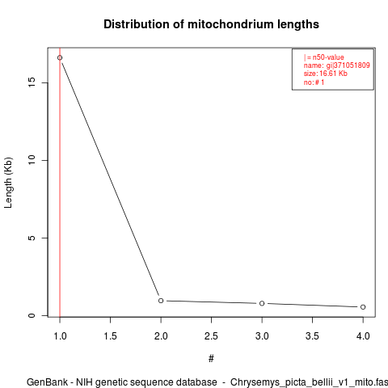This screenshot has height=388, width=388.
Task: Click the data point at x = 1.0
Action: (60, 57)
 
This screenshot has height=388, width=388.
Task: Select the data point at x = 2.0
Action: (161, 301)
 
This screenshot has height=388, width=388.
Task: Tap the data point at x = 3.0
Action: (262, 303)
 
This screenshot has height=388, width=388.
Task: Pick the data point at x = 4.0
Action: (363, 307)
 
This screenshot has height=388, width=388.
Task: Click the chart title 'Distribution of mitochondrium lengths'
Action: (211, 24)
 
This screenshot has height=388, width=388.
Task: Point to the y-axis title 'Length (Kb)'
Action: (8, 183)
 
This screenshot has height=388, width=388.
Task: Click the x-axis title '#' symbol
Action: (211, 359)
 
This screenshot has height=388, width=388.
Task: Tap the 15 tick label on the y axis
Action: (32, 82)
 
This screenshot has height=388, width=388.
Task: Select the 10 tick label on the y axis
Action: (32, 160)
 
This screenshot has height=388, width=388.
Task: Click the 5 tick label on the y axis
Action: (32, 238)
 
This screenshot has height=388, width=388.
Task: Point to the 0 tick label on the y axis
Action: (32, 315)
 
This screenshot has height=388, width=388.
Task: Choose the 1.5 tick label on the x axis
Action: (110, 336)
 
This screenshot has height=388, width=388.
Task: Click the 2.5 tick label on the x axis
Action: (211, 336)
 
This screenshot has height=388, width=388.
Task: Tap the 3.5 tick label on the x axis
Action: (312, 336)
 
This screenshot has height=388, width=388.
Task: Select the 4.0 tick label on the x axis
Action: (363, 336)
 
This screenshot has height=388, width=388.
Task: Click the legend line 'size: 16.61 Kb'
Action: (326, 74)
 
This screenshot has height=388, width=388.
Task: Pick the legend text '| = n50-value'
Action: (324, 57)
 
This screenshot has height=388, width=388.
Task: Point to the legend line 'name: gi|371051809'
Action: (337, 65)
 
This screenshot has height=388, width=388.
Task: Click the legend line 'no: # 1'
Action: (314, 82)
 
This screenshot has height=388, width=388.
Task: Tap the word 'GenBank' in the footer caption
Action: (47, 382)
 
